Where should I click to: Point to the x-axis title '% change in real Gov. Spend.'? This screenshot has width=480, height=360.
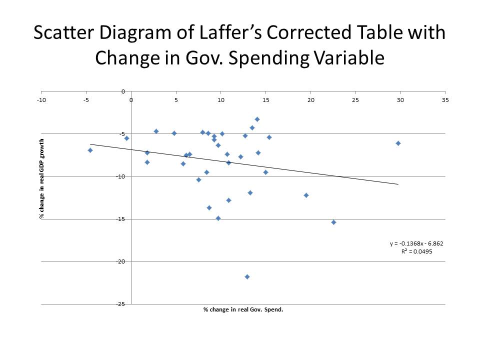coord(243,309)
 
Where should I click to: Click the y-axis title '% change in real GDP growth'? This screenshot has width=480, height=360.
coord(42,179)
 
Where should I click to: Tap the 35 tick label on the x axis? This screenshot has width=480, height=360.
coord(445,100)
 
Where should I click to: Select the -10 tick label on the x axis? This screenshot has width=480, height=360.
coord(41,100)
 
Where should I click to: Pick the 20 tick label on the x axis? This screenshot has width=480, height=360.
coord(310,100)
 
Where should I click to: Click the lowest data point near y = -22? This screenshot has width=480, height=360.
coord(247,276)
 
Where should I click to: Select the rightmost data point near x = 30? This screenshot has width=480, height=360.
coord(398,143)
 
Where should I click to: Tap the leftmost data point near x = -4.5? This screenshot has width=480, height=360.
coord(90,150)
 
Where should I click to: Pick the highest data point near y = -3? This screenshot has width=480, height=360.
coord(257,119)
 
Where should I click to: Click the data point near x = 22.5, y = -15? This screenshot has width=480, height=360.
coord(333,222)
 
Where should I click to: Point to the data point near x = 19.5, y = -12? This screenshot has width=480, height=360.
coord(306,195)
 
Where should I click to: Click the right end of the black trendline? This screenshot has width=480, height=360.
coord(398,184)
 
